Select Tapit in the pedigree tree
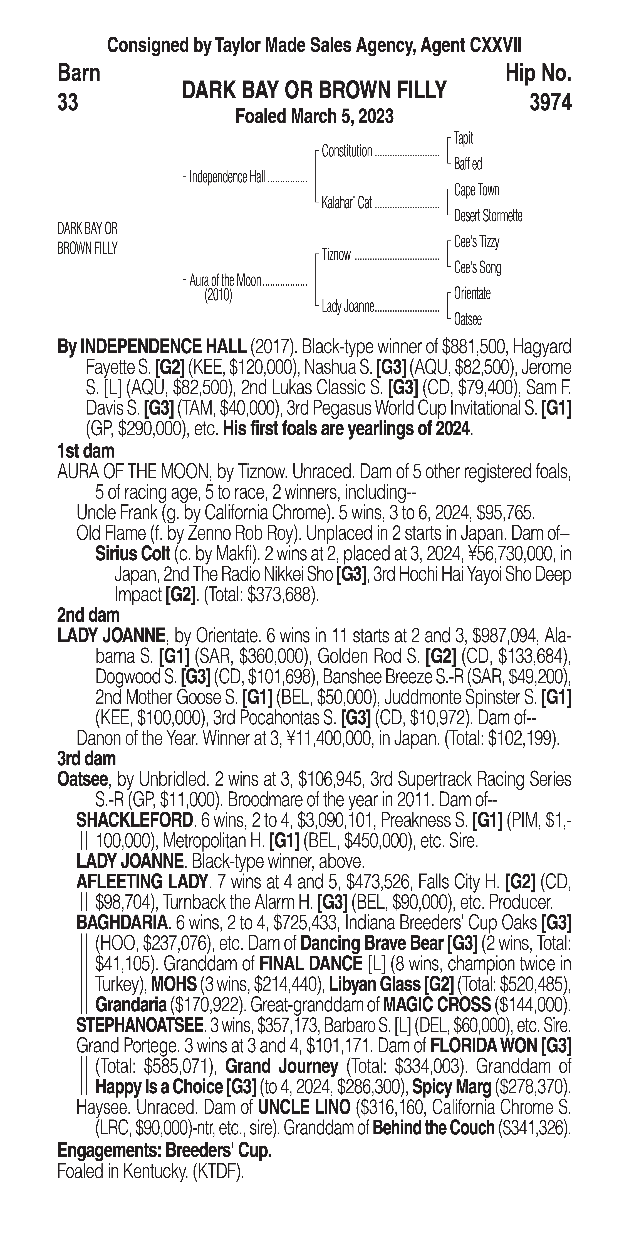463,138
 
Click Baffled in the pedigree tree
468,164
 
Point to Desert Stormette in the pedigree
488,216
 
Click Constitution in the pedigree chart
347,152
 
